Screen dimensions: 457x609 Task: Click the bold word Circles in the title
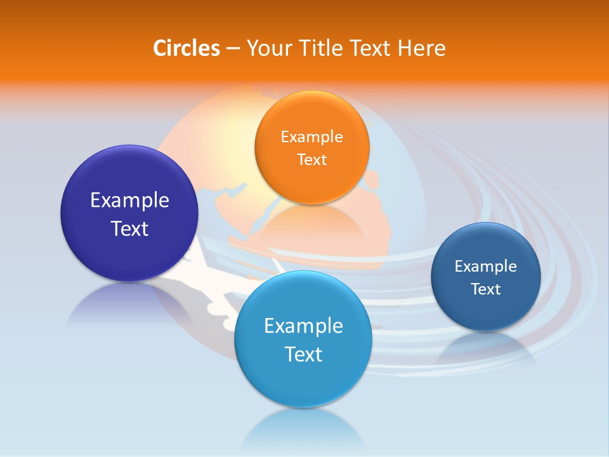186,48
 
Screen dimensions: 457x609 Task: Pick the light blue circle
303,381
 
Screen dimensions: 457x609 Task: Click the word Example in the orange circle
311,137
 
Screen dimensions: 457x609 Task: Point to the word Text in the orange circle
311,159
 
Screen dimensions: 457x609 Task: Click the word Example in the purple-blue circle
129,201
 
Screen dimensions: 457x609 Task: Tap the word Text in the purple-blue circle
129,228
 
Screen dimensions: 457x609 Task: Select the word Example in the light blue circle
303,326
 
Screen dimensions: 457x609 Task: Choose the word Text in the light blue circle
303,354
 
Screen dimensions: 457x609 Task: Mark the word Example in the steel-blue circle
485,267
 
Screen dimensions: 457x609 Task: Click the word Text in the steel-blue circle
485,289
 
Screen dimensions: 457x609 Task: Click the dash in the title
232,48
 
